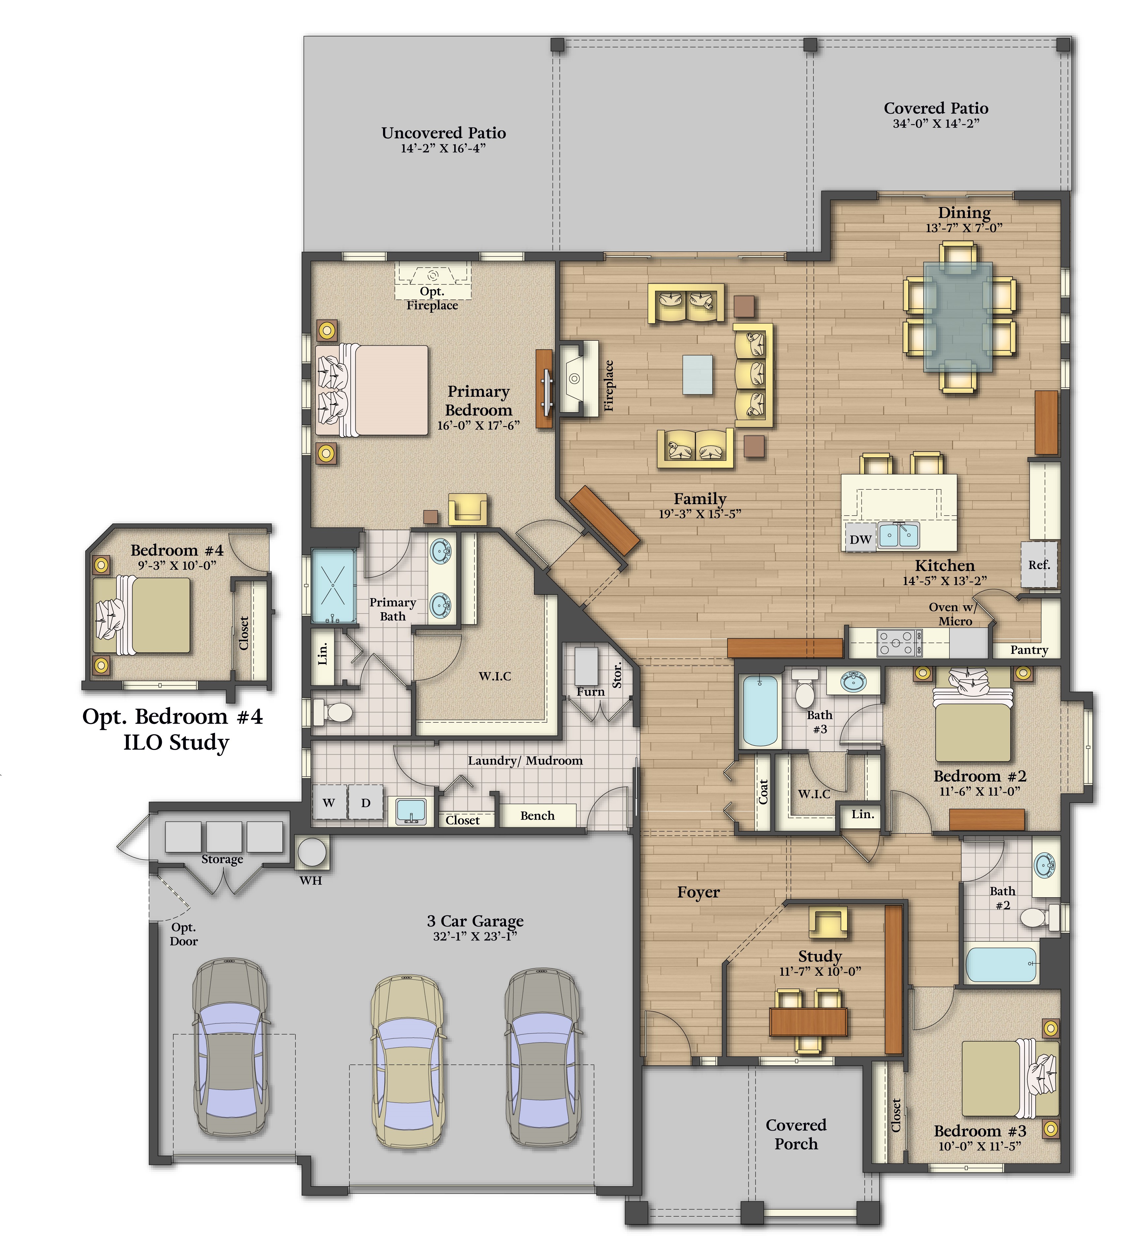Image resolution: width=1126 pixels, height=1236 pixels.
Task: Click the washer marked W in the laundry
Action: point(329,803)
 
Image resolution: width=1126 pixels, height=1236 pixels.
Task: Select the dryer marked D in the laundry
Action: point(366,803)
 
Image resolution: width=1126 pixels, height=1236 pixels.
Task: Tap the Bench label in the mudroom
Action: point(537,816)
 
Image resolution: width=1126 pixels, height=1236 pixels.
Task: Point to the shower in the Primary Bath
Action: point(333,586)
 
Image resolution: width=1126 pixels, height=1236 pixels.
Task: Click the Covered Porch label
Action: point(796,1134)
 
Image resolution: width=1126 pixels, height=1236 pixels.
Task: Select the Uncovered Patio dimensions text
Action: point(443,148)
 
